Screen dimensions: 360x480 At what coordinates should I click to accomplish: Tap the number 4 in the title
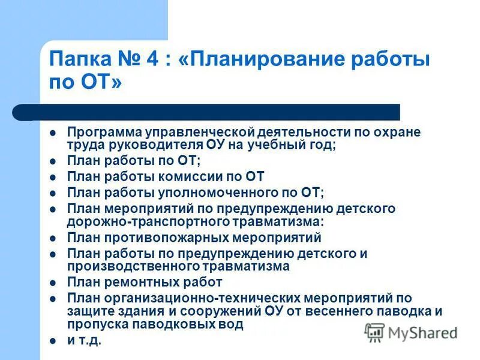(151, 61)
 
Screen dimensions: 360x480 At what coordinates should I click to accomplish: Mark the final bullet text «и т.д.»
(84, 340)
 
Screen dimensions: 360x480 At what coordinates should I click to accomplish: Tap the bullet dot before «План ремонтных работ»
(53, 282)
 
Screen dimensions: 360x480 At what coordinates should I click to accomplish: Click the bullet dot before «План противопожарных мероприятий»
(53, 238)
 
